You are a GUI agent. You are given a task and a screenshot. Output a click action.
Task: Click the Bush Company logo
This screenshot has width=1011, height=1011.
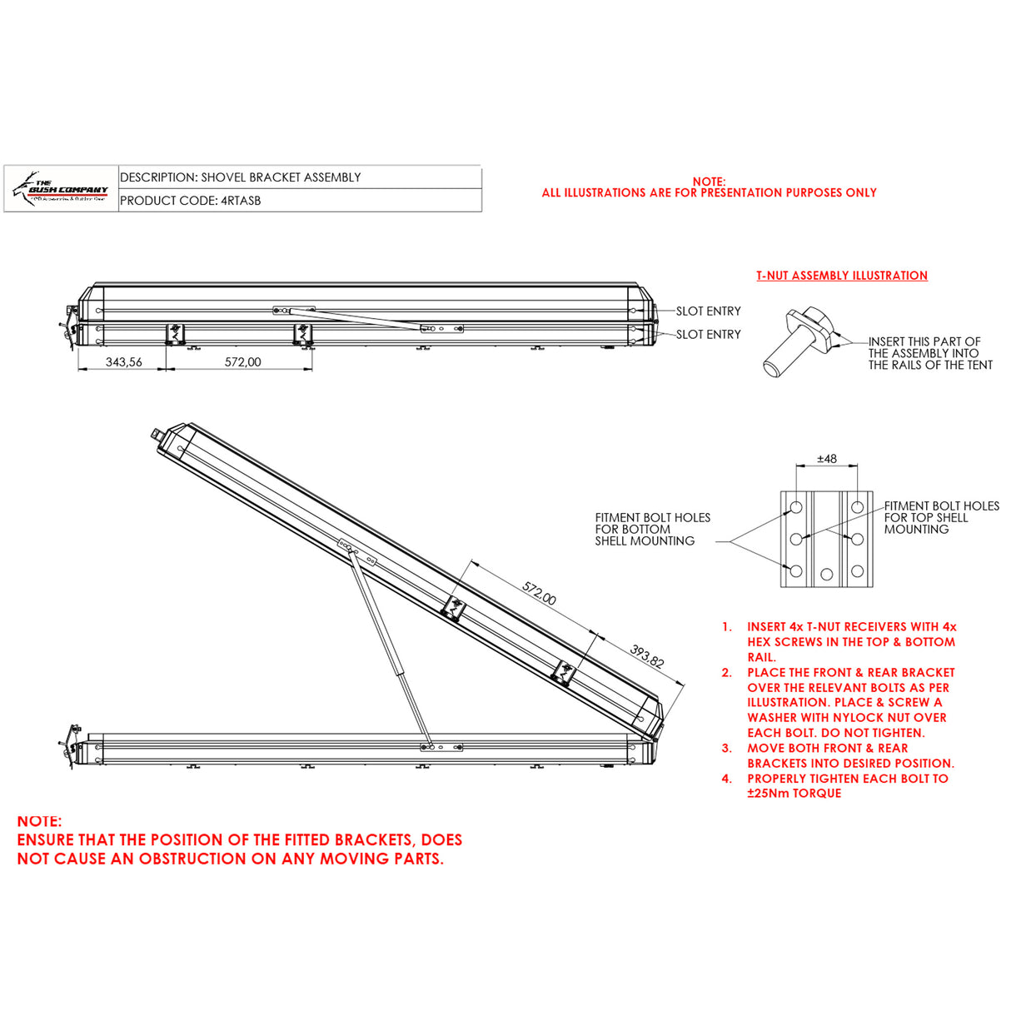(62, 190)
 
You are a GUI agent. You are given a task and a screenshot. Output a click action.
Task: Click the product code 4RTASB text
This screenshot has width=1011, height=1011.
(190, 201)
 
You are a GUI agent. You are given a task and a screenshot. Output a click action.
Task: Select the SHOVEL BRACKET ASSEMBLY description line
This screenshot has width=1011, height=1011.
(240, 177)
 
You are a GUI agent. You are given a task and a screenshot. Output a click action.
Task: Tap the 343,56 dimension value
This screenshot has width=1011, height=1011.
(123, 362)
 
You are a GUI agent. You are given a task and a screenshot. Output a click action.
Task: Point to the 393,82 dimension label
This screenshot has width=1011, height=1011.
(647, 656)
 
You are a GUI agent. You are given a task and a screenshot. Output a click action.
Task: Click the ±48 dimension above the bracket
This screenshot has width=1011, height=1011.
(826, 459)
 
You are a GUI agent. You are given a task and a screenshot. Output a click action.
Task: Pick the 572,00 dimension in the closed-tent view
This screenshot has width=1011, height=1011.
(242, 362)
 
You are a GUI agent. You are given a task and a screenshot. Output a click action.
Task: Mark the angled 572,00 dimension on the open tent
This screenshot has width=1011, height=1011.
(539, 593)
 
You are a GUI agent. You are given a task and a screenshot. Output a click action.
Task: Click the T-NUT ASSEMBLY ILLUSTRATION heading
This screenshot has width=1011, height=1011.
(841, 276)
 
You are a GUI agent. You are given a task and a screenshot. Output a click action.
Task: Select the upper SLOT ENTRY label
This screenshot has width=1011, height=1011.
(708, 311)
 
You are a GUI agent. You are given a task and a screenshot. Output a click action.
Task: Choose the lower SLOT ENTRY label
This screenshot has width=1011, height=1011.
(708, 335)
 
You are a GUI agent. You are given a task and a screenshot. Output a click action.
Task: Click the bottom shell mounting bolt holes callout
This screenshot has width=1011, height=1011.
(652, 530)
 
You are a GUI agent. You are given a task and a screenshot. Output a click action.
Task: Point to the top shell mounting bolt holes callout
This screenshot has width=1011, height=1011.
(940, 517)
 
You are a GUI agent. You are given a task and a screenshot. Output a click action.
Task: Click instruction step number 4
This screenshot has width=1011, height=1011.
(727, 779)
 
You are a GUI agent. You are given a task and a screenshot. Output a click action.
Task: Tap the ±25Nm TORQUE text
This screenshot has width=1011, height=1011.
(794, 794)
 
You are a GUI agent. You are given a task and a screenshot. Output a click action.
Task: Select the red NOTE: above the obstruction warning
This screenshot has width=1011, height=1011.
(39, 821)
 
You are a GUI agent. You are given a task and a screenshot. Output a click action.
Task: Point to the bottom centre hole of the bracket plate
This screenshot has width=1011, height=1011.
(826, 575)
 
